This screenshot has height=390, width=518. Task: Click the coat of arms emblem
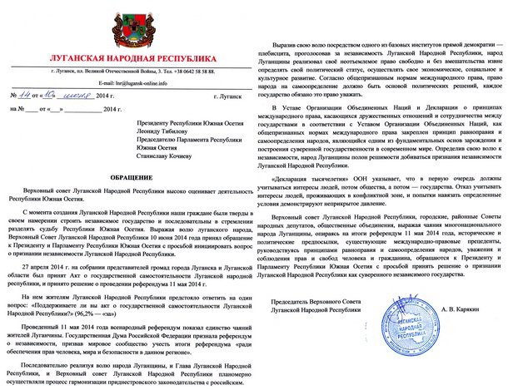(x=129, y=28)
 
